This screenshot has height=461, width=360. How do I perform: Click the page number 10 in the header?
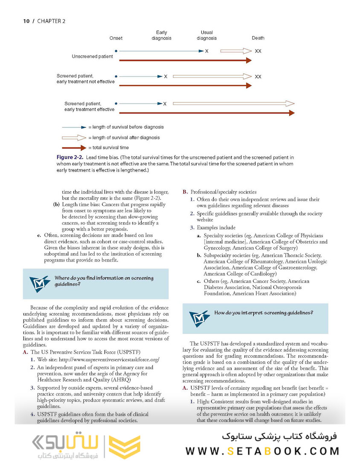(x=26, y=21)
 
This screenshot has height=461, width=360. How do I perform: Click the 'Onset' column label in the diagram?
(x=116, y=38)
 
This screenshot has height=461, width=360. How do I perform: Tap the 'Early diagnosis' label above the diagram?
(x=161, y=35)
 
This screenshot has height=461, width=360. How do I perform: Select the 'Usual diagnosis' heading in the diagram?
(x=206, y=35)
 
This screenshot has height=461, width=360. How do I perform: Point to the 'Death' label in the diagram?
(x=258, y=38)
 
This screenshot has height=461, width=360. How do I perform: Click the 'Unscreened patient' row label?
(x=92, y=56)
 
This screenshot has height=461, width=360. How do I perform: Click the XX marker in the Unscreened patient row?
(x=258, y=51)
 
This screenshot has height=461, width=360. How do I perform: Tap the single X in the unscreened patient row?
(x=206, y=51)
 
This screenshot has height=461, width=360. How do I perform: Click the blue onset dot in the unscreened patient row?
(x=116, y=51)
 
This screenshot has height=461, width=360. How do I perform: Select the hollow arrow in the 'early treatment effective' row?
(x=233, y=103)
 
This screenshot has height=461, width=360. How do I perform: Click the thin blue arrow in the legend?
(x=74, y=127)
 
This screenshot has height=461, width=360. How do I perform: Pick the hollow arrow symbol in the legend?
(x=74, y=137)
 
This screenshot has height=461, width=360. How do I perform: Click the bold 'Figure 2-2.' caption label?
(x=70, y=158)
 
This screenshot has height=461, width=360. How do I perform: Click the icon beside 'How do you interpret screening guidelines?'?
(x=199, y=318)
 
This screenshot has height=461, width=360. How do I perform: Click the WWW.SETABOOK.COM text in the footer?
(x=262, y=451)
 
